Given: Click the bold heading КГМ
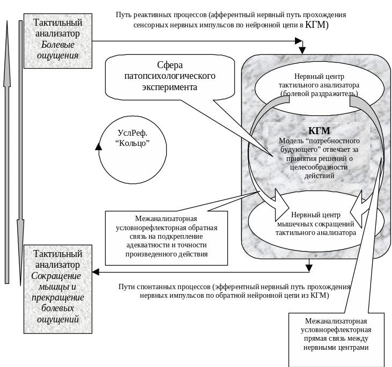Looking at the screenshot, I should click(x=319, y=131).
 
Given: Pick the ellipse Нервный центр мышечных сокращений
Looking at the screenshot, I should click(x=316, y=224).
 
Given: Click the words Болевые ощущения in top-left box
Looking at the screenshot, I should click(x=60, y=50).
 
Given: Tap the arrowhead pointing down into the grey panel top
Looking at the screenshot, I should click(x=302, y=50).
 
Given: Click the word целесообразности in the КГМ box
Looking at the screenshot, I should click(x=319, y=167).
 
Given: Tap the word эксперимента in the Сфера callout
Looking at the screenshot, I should click(x=169, y=86).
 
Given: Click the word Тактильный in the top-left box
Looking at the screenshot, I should click(x=57, y=23).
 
